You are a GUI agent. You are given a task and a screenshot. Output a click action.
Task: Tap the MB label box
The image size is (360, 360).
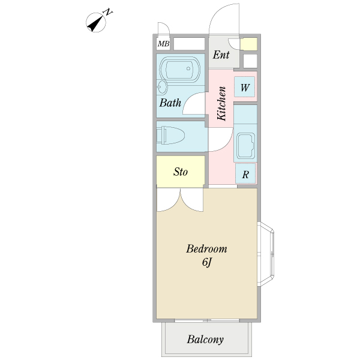(x=163, y=44)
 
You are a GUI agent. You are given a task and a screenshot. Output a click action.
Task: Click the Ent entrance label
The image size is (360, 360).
(x=221, y=55)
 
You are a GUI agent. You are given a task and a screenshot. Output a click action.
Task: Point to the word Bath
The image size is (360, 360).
(x=170, y=103)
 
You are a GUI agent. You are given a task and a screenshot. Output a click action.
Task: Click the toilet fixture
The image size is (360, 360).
(x=170, y=136)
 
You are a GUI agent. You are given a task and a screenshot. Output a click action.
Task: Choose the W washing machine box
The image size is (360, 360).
(x=245, y=88)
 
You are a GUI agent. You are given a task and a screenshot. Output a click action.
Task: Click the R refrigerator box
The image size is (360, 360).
(x=245, y=175)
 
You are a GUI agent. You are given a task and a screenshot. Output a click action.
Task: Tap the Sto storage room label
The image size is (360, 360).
(x=181, y=172)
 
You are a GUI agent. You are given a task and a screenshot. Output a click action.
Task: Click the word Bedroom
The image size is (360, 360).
(x=206, y=248)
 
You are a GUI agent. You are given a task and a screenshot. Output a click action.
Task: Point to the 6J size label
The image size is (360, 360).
(x=206, y=262)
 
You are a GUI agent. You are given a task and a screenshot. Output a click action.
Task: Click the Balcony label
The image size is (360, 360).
(x=205, y=340)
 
